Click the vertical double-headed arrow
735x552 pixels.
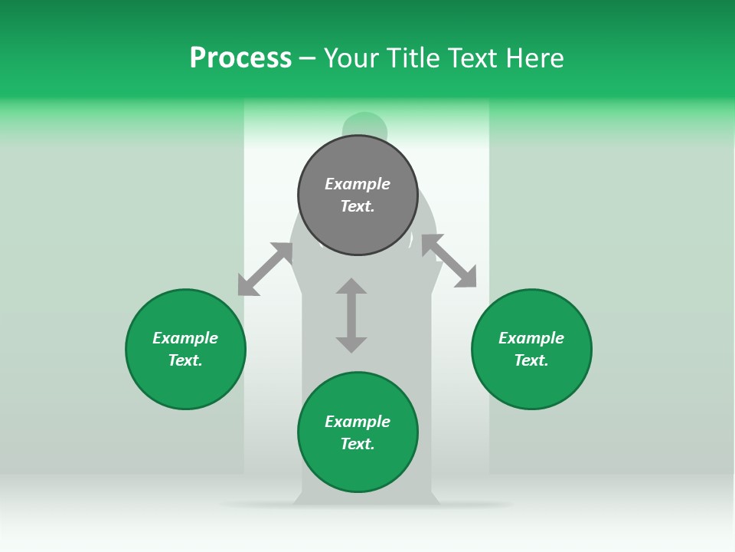[351, 315]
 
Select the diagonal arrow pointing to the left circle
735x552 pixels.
[265, 269]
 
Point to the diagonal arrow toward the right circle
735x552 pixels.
[449, 261]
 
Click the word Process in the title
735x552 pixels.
[240, 58]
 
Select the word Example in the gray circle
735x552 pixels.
[358, 184]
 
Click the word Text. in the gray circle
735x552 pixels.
[358, 206]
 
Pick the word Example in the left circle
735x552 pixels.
[185, 338]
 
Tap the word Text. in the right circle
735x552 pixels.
[531, 360]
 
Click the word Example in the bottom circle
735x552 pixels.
[358, 422]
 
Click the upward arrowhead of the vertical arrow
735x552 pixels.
[351, 286]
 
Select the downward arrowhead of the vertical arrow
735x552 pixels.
[351, 344]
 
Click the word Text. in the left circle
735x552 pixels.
[185, 360]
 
